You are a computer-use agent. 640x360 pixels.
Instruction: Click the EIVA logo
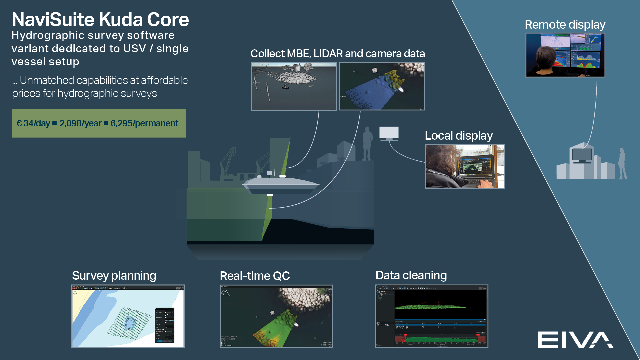(x=575, y=340)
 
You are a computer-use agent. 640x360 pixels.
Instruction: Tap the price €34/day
(x=33, y=123)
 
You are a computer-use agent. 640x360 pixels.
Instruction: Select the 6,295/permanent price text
(x=144, y=123)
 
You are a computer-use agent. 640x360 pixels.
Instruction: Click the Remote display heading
(x=565, y=25)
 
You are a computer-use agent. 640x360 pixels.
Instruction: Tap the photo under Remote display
(x=565, y=55)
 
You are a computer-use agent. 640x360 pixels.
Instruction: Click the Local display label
(x=459, y=136)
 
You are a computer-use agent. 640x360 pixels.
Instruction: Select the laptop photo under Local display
(x=465, y=167)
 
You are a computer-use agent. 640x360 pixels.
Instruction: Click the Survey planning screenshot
(x=128, y=316)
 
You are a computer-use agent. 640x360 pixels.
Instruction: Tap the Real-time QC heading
(x=255, y=276)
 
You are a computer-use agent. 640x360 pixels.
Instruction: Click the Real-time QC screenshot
(x=276, y=316)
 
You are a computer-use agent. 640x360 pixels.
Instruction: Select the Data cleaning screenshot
(x=431, y=316)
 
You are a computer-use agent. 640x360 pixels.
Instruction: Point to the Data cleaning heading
(x=411, y=275)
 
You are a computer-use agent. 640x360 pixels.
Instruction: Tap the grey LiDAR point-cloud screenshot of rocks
(x=294, y=86)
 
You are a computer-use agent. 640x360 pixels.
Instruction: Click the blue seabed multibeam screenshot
(x=382, y=86)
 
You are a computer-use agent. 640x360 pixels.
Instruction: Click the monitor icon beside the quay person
(x=389, y=133)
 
